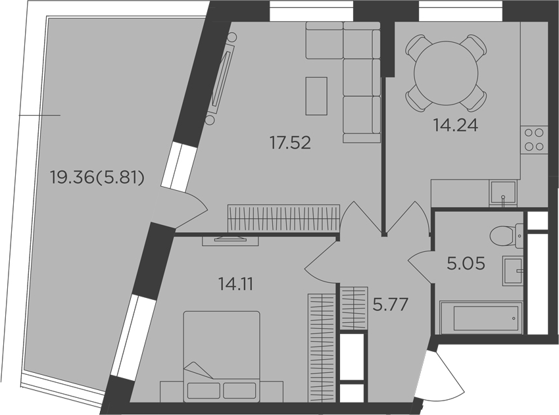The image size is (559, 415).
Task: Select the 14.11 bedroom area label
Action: point(235,283)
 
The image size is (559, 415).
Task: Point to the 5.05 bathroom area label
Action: point(466,264)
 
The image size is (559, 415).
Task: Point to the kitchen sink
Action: point(503,193)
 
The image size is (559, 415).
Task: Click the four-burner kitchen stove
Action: point(533,139)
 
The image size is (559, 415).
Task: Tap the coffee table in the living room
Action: point(316,96)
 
